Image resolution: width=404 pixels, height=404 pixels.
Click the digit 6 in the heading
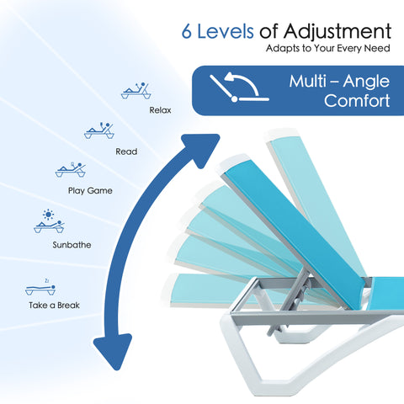[187, 31]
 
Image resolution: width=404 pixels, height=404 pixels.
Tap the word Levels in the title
[226, 31]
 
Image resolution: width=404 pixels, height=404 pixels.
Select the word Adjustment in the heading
[338, 32]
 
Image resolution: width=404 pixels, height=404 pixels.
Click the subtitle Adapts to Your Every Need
[328, 48]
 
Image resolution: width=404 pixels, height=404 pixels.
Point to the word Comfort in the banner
[357, 100]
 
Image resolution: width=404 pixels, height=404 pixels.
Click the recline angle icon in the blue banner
[239, 87]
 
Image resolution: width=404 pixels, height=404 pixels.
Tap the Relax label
[160, 110]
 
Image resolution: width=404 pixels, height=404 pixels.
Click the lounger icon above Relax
[136, 91]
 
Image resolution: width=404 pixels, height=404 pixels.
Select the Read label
[126, 151]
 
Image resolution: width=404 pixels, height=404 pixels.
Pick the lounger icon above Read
[99, 130]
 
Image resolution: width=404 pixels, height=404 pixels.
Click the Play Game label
[90, 191]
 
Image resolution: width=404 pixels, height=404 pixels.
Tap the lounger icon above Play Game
[71, 169]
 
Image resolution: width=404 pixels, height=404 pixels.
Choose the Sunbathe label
[72, 245]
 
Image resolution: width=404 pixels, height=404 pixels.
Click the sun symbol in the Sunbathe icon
[48, 215]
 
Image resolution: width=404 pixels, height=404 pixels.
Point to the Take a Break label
[54, 305]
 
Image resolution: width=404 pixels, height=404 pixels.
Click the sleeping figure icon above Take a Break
[40, 289]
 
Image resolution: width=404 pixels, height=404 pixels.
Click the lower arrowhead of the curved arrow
[114, 351]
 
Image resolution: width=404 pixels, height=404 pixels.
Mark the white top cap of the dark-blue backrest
[233, 163]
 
